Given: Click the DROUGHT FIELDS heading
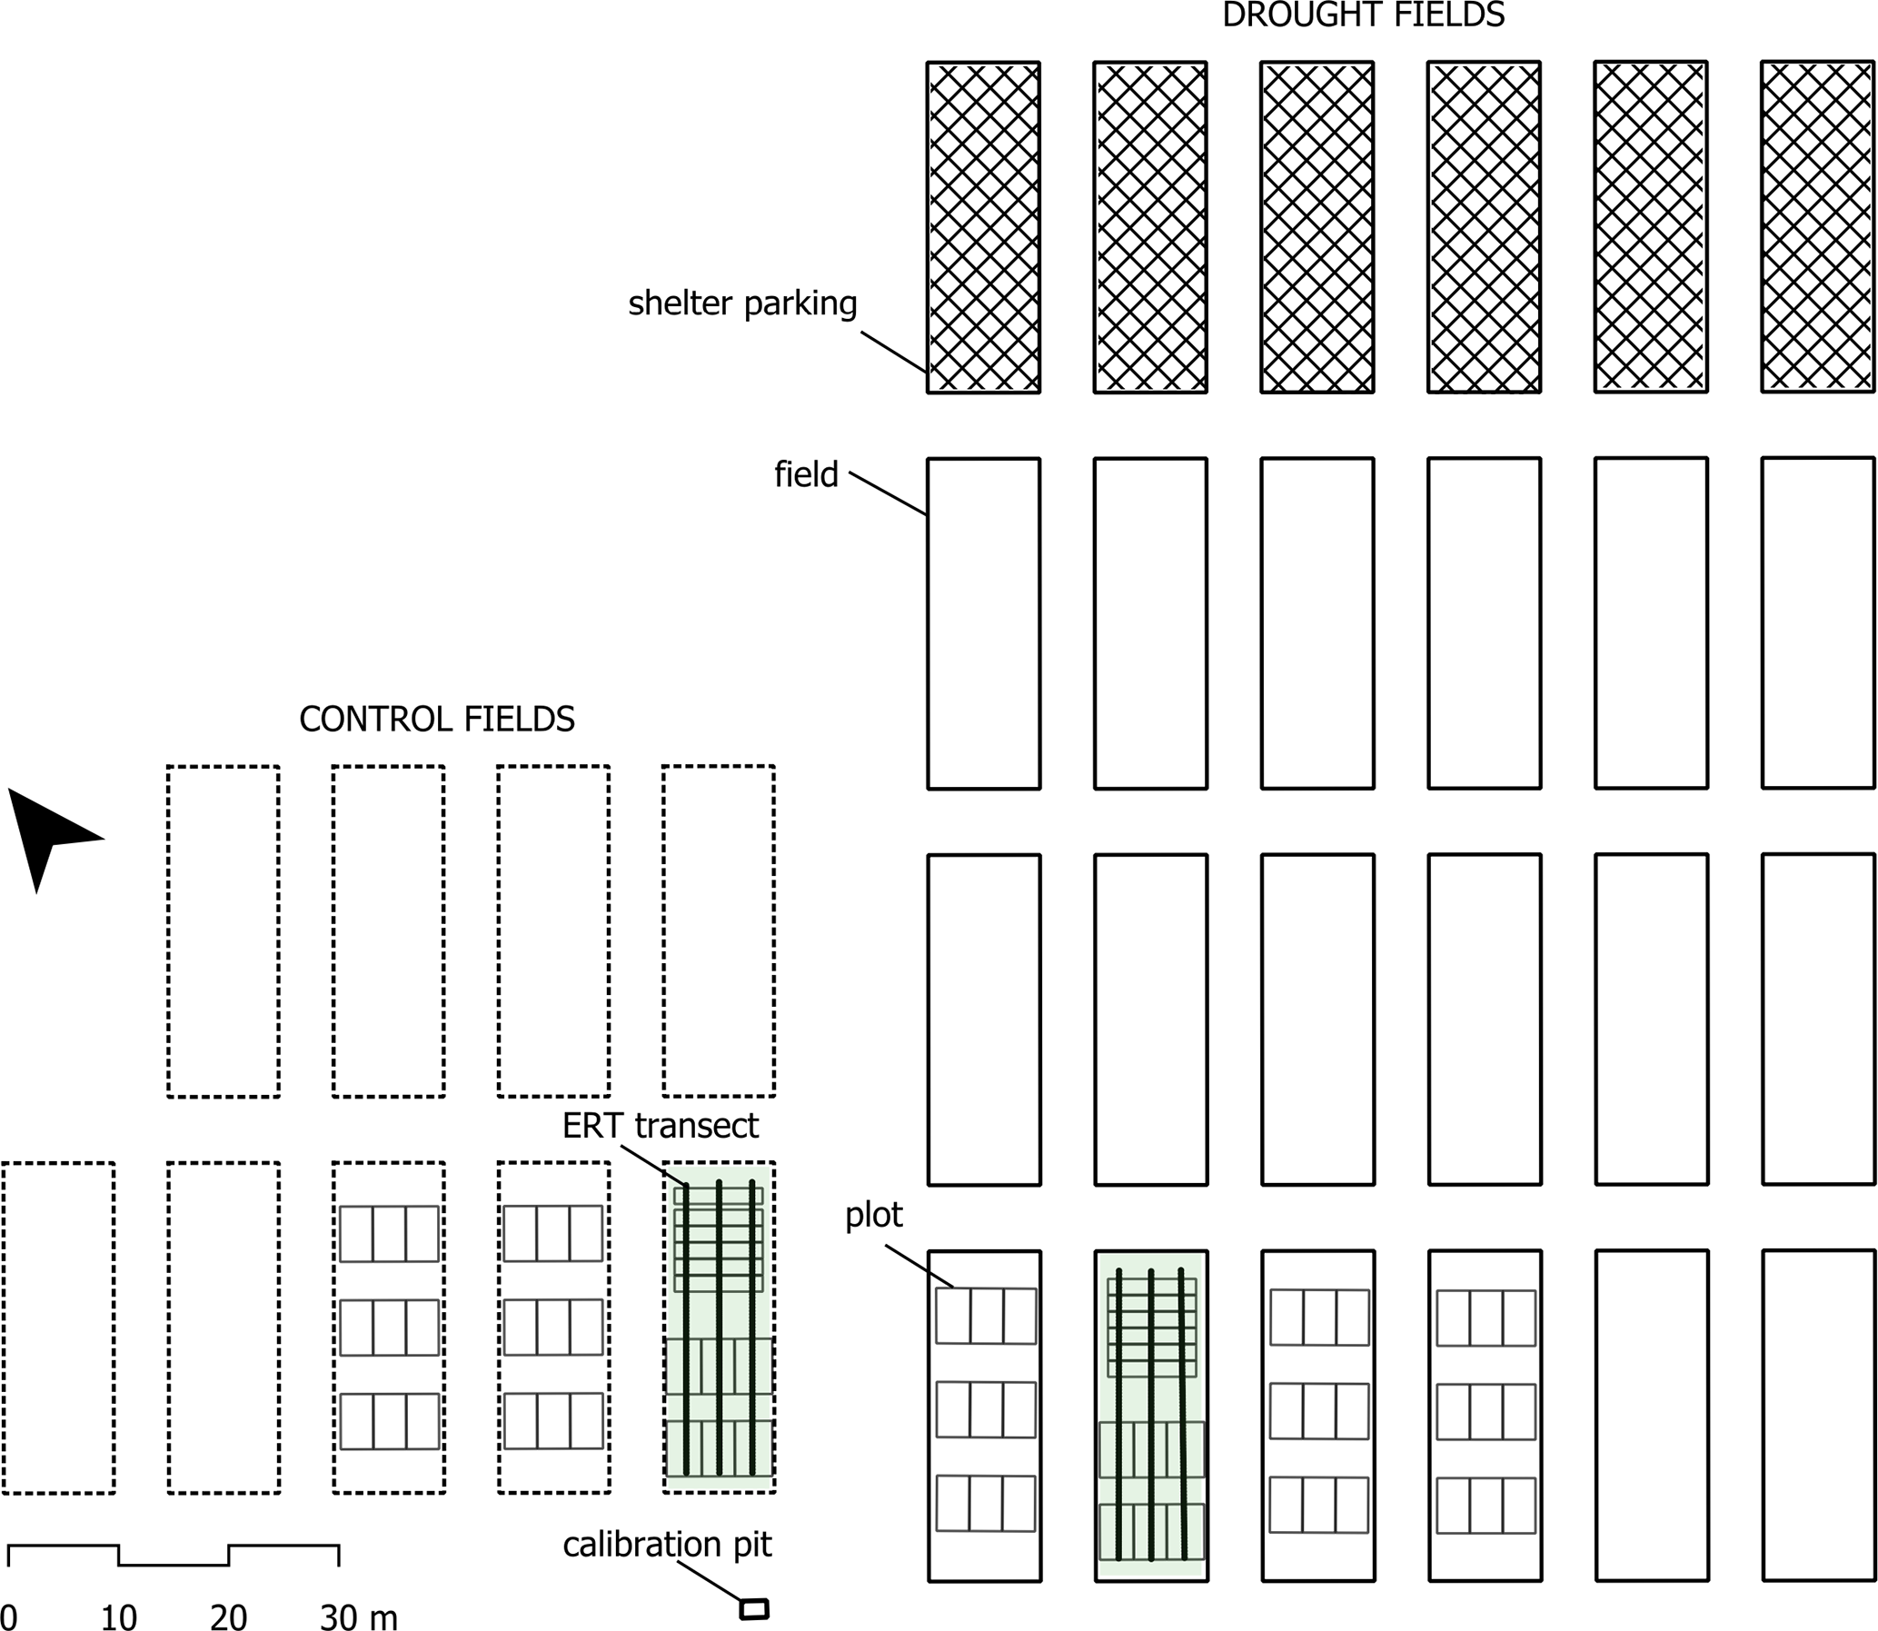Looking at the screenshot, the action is [1363, 15].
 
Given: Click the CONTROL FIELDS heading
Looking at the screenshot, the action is [437, 719].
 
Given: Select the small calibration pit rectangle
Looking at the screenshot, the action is [754, 1608].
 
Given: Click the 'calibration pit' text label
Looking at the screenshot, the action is [667, 1545].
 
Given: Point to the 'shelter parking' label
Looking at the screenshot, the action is [742, 303].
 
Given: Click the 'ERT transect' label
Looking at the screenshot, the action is [660, 1126].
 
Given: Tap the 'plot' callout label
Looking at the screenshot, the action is [873, 1216].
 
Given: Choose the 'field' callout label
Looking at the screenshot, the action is [806, 474].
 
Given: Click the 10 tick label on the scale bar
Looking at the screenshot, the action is [118, 1616].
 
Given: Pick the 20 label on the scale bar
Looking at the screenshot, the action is [228, 1616].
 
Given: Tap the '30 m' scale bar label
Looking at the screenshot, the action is [359, 1616].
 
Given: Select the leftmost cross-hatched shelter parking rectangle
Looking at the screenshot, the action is [984, 227].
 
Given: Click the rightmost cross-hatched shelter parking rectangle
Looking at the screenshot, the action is [1818, 226].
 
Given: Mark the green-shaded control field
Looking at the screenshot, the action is [719, 1328].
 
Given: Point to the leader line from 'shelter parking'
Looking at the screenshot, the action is [893, 353].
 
